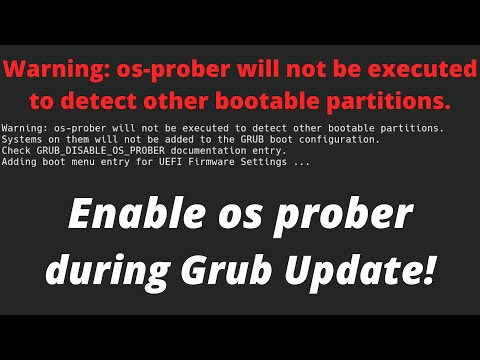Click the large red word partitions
pyautogui.click(x=385, y=101)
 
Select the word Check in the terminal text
pyautogui.click(x=18, y=150)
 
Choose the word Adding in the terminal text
pyautogui.click(x=20, y=161)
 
